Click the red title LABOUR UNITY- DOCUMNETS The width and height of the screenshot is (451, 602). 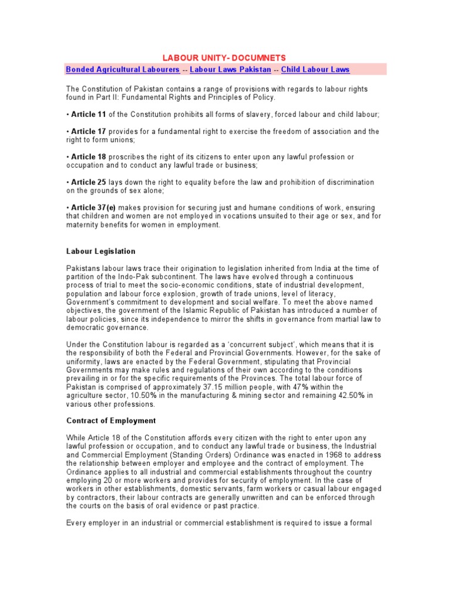coord(225,58)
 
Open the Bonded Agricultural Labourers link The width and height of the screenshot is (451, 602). coord(123,69)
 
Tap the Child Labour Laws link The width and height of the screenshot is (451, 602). coord(315,69)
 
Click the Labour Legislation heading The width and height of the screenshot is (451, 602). coord(100,252)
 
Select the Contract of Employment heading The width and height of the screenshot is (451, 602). coord(111,421)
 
